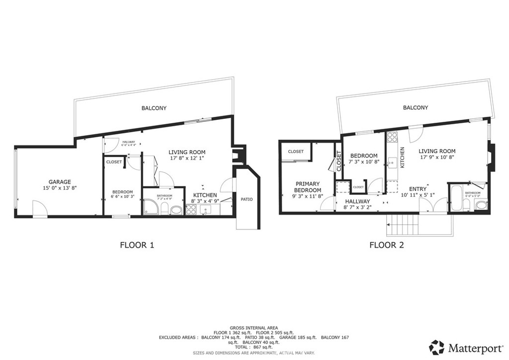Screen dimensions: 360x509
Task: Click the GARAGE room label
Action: pyautogui.click(x=60, y=181)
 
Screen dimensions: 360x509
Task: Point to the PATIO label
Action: pyautogui.click(x=247, y=199)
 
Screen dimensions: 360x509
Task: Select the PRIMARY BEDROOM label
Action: pyautogui.click(x=308, y=186)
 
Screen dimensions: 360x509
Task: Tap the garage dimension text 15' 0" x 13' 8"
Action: pyautogui.click(x=60, y=188)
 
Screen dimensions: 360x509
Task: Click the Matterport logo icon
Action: pyautogui.click(x=436, y=347)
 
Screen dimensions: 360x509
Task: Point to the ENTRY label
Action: pyautogui.click(x=417, y=189)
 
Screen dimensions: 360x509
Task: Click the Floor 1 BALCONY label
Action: pyautogui.click(x=154, y=108)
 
